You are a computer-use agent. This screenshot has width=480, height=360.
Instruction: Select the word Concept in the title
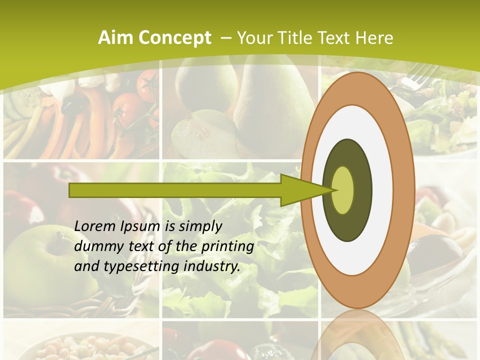tap(174, 38)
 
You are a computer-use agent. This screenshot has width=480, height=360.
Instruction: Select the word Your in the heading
tap(253, 38)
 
